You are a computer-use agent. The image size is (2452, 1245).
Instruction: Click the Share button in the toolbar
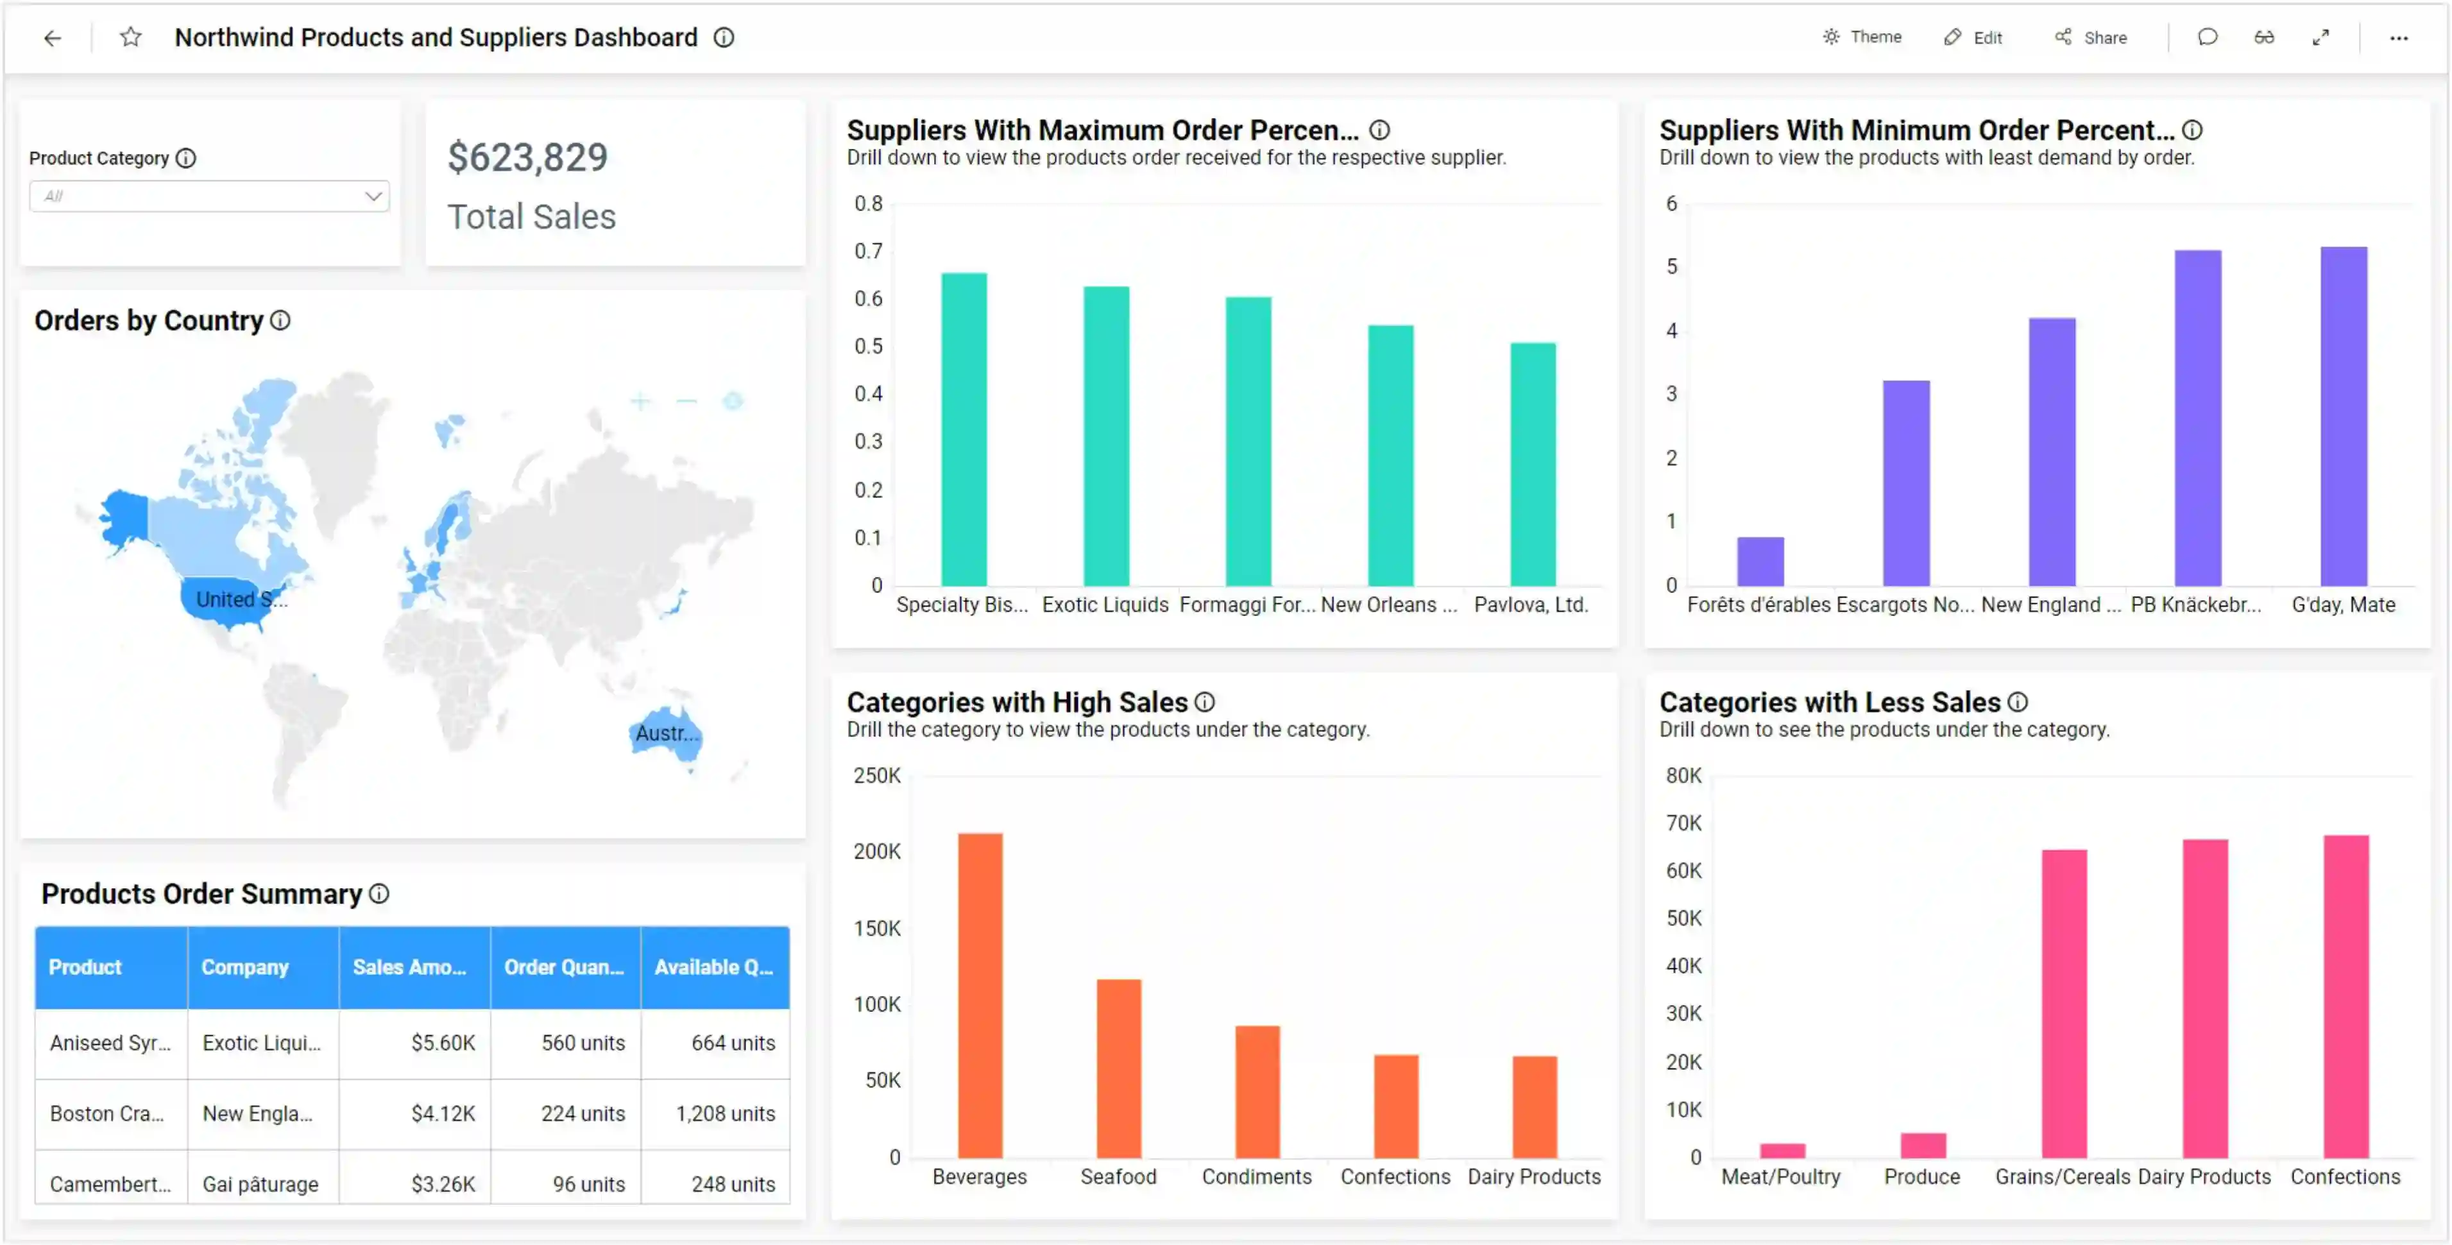click(2091, 37)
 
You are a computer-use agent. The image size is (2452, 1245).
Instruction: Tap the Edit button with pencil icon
click(1973, 37)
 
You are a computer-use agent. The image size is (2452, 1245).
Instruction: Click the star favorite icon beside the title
click(130, 37)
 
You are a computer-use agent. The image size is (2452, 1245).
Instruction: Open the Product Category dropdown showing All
click(209, 196)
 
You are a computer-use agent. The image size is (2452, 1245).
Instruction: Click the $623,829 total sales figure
click(527, 157)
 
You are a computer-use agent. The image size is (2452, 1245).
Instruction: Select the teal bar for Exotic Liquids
click(1106, 436)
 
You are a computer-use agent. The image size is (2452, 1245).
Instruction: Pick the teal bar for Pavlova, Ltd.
click(1533, 465)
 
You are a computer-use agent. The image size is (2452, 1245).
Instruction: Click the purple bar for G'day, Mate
click(2344, 417)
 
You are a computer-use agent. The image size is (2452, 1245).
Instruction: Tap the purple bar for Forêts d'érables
click(1760, 562)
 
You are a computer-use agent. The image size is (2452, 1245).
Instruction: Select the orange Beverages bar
click(980, 995)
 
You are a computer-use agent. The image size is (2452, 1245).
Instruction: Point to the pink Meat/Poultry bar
click(1782, 1151)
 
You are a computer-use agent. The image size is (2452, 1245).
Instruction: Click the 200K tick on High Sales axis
click(876, 852)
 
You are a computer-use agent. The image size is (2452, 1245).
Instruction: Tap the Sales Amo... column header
click(410, 967)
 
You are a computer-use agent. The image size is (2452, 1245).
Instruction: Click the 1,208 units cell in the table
click(726, 1113)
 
